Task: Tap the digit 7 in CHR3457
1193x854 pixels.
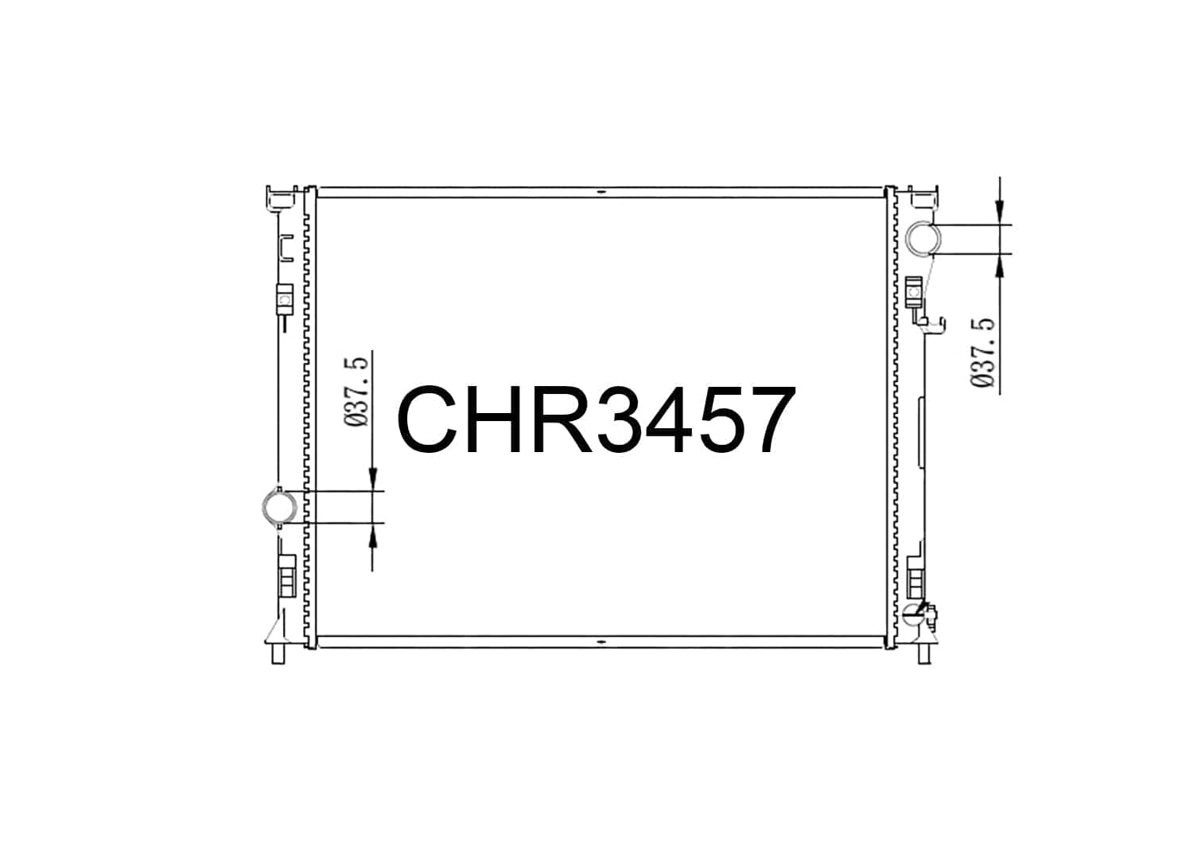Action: point(771,420)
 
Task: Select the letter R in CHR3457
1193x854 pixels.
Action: point(564,420)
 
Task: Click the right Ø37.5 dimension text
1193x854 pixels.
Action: point(982,353)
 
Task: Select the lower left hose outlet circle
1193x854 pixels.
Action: point(279,507)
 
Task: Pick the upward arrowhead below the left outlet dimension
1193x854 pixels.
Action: point(373,535)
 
